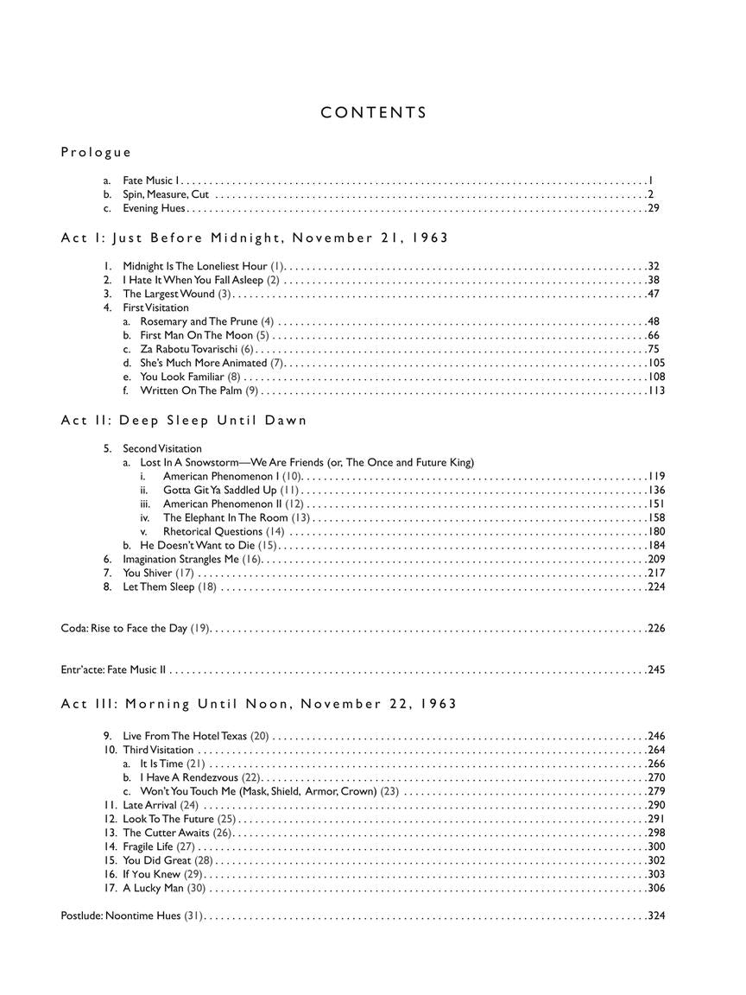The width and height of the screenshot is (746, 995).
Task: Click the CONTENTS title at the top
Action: (x=373, y=112)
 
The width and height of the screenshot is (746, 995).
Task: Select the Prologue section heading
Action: (x=96, y=153)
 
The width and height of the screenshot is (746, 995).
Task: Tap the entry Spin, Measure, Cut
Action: (x=166, y=194)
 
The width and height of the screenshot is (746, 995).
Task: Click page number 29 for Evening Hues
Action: (x=654, y=208)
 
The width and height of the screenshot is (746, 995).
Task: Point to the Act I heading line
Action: (x=255, y=238)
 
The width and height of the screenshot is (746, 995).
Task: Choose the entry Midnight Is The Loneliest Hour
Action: (x=204, y=266)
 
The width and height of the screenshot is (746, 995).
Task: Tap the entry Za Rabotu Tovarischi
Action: (x=197, y=349)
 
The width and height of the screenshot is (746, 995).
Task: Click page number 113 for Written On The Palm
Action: (x=656, y=390)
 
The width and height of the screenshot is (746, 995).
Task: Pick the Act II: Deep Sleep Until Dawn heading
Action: (x=184, y=421)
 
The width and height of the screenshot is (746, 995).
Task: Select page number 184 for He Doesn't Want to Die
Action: (x=656, y=545)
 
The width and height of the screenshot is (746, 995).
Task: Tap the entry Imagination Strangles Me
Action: (x=192, y=559)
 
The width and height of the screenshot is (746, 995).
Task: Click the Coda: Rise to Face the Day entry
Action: (x=136, y=628)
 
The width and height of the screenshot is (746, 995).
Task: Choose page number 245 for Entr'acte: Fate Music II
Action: (x=656, y=669)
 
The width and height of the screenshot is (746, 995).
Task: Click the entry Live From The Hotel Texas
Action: (x=196, y=736)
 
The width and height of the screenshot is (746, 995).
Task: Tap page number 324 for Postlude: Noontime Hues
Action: (x=656, y=916)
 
